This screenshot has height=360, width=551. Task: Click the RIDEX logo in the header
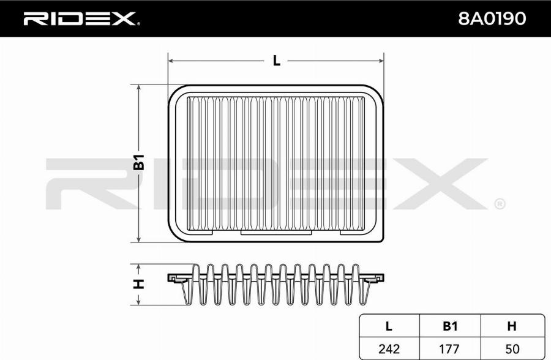coord(80,19)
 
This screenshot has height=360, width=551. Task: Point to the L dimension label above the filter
coord(276,60)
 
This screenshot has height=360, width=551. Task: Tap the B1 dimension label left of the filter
coord(140,162)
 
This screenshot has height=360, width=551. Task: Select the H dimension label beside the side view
coord(140,284)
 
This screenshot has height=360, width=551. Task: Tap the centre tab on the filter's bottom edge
coord(276,232)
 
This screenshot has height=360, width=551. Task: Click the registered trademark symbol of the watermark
coord(499,203)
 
